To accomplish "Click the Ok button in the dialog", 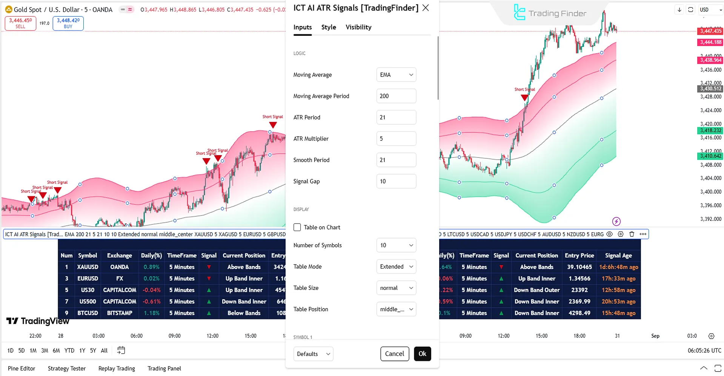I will (x=422, y=354).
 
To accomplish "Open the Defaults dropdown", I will (x=313, y=354).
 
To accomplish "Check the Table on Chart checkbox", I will (x=297, y=227).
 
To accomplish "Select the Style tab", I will (x=329, y=27).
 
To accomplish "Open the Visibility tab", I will (x=358, y=27).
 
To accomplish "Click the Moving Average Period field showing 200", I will (x=396, y=96).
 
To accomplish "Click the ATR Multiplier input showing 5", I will (x=396, y=139).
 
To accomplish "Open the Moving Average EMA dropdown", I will (x=396, y=75).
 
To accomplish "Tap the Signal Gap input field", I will (x=396, y=181).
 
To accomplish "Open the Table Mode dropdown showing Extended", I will (x=396, y=267).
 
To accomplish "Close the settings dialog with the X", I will (x=426, y=8).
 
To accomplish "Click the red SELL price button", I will (x=20, y=23).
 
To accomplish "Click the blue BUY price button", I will (x=68, y=23).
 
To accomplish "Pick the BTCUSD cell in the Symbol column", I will (x=88, y=313).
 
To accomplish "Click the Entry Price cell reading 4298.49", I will (x=579, y=313).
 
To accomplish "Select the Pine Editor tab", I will (x=22, y=368).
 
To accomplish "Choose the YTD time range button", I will (x=69, y=350).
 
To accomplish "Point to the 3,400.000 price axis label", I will (x=710, y=192).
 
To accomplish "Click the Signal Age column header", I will (x=618, y=256).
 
